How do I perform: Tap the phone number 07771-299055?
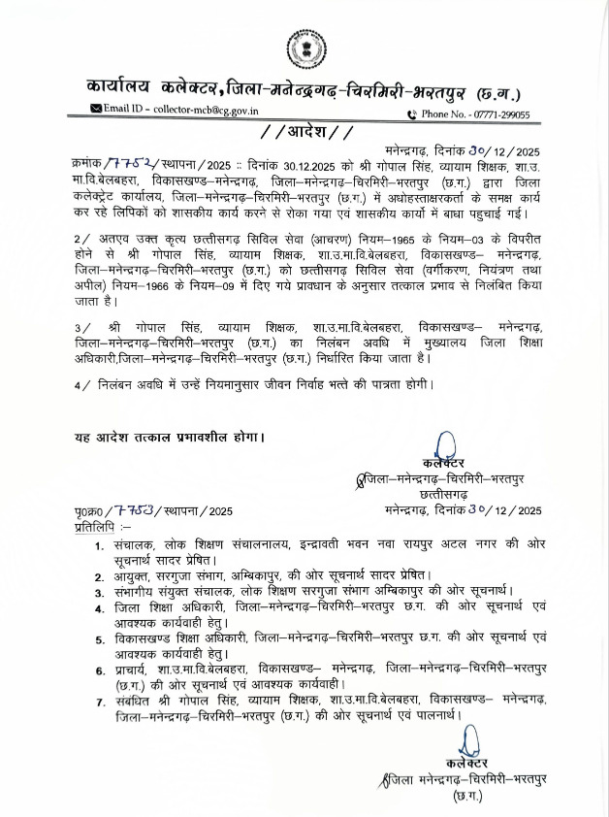coord(497,114)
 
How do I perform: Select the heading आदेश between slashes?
coord(305,133)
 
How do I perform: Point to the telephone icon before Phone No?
coord(411,114)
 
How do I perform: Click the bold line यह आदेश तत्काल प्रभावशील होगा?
coord(169,437)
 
